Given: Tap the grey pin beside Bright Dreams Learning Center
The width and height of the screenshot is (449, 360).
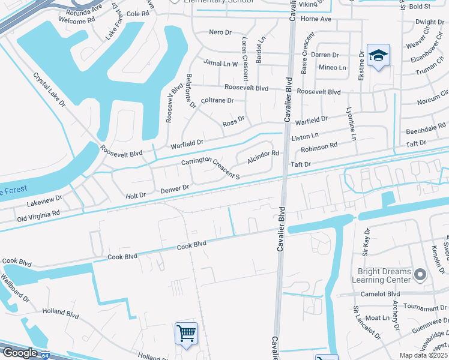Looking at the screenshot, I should pos(420,275).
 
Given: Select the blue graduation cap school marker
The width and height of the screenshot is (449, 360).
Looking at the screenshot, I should pos(378,56).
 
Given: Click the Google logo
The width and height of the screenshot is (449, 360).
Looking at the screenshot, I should pos(19,353).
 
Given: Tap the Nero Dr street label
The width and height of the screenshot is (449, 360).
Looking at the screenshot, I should pos(220,32).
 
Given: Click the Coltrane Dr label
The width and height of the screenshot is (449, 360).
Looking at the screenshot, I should pos(217,101).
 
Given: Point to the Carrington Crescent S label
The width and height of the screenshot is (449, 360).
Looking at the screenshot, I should pos(211,167).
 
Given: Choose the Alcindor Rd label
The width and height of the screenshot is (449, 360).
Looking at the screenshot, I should pos(263,154).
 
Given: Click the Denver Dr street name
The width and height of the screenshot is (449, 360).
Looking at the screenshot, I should pos(175,189).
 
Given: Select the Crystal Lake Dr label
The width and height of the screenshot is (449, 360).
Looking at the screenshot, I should pos(49,91).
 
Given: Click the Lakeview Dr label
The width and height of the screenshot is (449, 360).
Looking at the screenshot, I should pos(44,200).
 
